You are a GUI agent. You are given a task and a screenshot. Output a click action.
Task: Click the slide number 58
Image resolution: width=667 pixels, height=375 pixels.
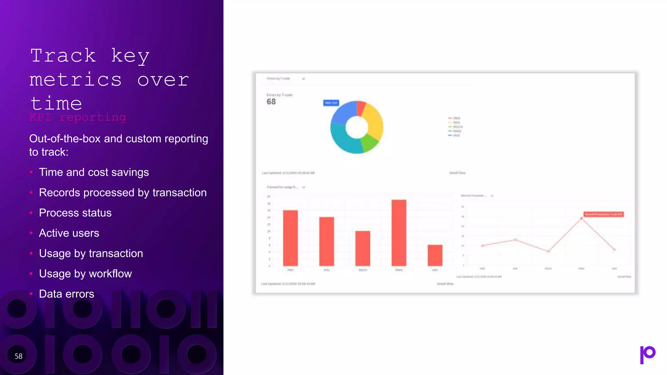click(x=19, y=356)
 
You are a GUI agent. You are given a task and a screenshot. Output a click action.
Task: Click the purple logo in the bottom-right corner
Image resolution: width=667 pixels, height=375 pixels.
click(x=647, y=354)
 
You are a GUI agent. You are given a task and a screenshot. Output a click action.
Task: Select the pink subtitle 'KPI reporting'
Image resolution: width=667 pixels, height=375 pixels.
click(x=78, y=117)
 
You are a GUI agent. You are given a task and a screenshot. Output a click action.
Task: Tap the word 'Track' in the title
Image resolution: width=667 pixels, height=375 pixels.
click(x=63, y=56)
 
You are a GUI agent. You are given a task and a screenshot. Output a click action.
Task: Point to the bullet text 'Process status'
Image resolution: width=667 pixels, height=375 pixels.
click(x=75, y=213)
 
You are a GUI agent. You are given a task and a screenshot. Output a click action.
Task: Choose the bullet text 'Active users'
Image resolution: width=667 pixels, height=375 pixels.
click(x=69, y=233)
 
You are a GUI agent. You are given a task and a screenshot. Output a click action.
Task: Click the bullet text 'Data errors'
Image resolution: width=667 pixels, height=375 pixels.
click(x=66, y=294)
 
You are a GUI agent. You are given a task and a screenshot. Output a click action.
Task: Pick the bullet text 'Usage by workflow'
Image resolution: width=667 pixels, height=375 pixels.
click(x=85, y=274)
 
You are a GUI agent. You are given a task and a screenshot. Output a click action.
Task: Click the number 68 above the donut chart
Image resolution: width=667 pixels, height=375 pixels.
click(x=271, y=102)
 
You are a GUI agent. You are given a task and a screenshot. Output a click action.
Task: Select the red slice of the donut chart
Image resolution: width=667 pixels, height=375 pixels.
click(x=361, y=108)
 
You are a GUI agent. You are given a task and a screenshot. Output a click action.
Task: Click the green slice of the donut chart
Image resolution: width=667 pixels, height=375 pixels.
click(x=369, y=143)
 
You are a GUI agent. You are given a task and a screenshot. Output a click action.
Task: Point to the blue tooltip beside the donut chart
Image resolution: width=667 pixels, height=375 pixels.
click(x=331, y=103)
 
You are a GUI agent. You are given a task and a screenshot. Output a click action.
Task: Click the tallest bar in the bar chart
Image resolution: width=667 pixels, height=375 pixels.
click(x=399, y=232)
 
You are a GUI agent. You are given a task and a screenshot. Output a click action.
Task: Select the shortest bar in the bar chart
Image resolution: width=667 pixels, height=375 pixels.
click(x=435, y=255)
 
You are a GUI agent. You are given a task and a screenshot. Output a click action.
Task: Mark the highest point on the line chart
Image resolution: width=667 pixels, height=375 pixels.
click(x=581, y=218)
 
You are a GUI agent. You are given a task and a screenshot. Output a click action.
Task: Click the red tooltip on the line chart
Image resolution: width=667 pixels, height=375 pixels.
click(x=603, y=214)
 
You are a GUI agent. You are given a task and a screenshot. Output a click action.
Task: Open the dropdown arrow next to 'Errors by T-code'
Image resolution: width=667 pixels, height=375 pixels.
click(x=304, y=79)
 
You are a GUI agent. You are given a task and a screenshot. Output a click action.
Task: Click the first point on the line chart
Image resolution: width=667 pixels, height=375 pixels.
click(x=482, y=245)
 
